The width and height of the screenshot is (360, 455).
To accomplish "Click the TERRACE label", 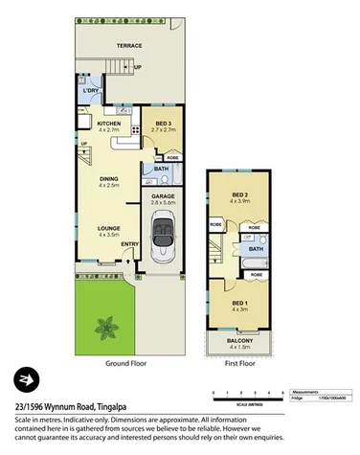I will (129, 45).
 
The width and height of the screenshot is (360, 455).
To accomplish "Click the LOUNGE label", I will (108, 227).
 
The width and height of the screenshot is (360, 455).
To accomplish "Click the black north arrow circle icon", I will (22, 377).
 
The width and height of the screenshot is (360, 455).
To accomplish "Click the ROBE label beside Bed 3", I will (172, 158).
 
